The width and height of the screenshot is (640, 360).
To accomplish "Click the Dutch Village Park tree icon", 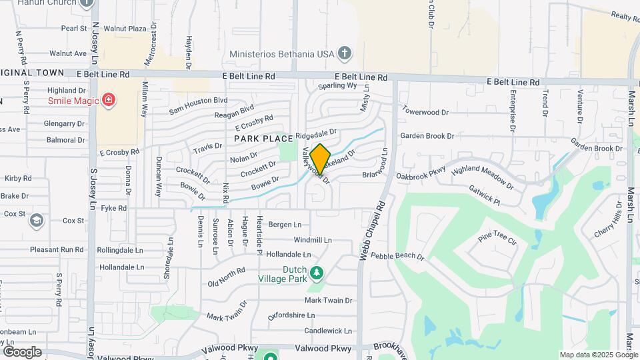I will point(317,273).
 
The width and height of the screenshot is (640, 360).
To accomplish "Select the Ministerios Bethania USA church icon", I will point(344,53).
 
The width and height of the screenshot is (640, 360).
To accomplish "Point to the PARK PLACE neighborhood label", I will point(263,139).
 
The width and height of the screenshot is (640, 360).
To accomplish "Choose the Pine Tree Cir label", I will point(497,239).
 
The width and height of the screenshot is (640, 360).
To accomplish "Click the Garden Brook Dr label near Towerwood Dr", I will point(427,136).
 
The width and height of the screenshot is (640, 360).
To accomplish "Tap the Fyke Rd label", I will point(114,209).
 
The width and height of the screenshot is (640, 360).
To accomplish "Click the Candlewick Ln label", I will point(327,331).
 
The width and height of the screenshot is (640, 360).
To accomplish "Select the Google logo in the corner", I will point(22,351).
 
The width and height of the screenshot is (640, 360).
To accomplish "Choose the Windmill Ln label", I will point(312,240).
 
